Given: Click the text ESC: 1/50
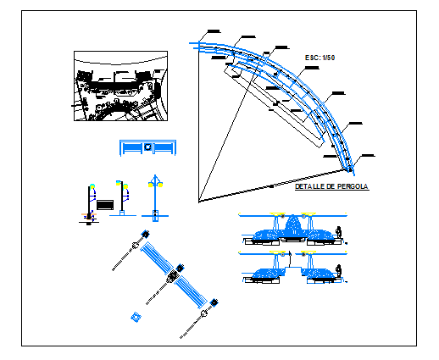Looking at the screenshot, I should (320, 57).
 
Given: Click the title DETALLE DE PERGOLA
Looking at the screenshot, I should (331, 186).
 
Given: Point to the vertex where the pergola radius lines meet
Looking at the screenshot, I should (200, 201).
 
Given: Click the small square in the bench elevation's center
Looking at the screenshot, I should (147, 148).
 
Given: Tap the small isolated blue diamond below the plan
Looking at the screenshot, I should (135, 318).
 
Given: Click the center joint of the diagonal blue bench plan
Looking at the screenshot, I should (174, 274).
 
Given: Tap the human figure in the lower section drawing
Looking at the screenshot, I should (339, 270).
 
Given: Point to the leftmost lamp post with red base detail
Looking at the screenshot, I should (89, 203).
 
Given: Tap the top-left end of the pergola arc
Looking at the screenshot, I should (200, 42).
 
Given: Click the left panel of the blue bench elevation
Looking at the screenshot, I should (132, 148).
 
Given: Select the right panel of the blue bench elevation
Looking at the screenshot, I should (162, 148).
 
